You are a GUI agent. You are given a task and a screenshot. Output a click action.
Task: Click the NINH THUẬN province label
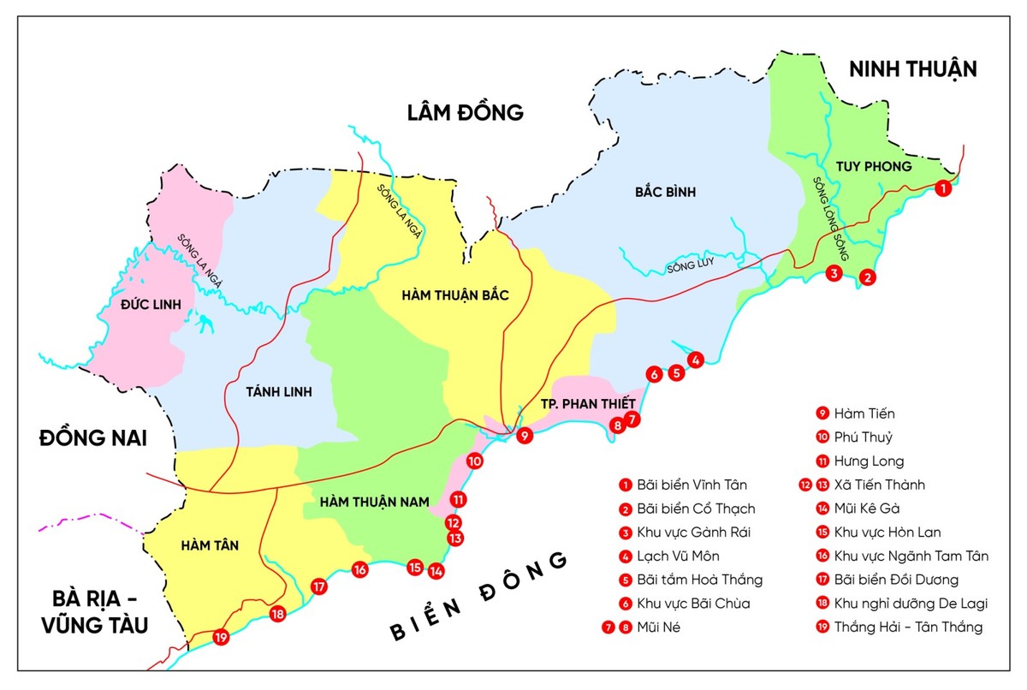point(912,69)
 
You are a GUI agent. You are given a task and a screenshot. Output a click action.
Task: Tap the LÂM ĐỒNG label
point(465,112)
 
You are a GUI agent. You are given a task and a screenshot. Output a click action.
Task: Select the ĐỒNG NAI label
point(93,438)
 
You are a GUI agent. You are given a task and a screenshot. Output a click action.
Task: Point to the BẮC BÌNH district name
point(665,192)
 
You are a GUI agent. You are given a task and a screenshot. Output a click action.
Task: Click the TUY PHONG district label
point(874,166)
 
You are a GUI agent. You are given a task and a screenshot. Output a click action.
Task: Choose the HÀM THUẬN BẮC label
point(454,295)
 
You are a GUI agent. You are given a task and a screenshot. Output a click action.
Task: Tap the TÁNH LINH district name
point(279,392)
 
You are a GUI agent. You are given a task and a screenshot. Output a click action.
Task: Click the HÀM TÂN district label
point(211,544)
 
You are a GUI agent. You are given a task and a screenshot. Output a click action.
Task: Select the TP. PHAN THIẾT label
point(588,403)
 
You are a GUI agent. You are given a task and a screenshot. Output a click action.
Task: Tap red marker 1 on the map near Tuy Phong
point(942,188)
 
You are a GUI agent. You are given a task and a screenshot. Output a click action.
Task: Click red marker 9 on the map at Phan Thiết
point(525,436)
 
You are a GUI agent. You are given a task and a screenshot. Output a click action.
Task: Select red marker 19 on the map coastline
point(221,638)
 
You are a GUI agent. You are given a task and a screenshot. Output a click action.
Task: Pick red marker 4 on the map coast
point(696,360)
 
